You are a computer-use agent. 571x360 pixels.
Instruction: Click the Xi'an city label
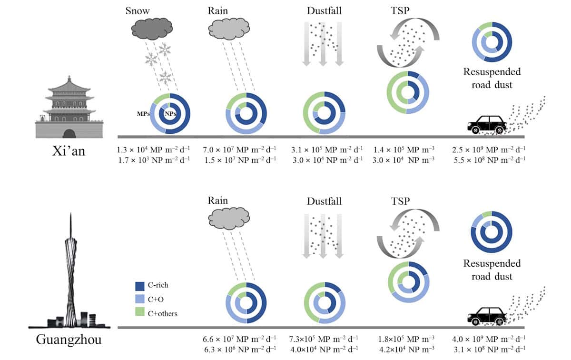(x=69, y=153)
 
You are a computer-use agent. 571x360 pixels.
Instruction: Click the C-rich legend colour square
(x=140, y=286)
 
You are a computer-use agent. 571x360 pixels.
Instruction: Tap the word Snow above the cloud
(x=137, y=11)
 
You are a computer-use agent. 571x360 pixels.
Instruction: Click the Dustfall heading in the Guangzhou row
(x=324, y=202)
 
